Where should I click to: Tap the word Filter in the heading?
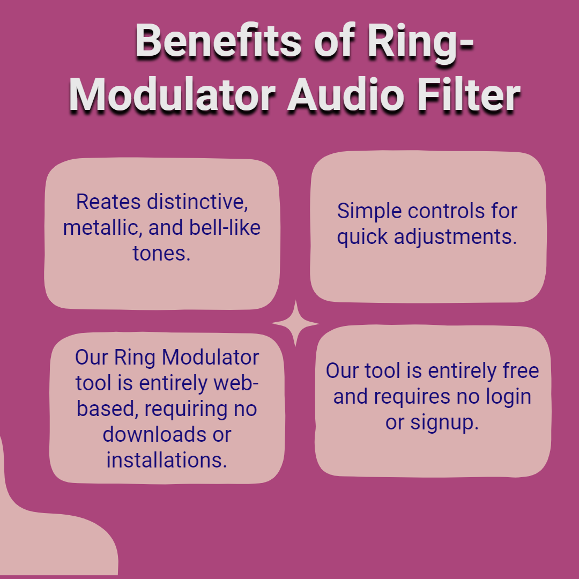click(x=469, y=95)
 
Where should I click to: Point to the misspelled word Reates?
click(x=108, y=202)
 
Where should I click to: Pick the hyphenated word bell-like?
click(x=225, y=227)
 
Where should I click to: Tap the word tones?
click(x=161, y=253)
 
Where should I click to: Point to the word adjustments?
click(x=455, y=237)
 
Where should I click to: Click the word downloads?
click(x=154, y=434)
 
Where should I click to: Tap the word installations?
click(x=167, y=460)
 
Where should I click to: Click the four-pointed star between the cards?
click(x=295, y=323)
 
